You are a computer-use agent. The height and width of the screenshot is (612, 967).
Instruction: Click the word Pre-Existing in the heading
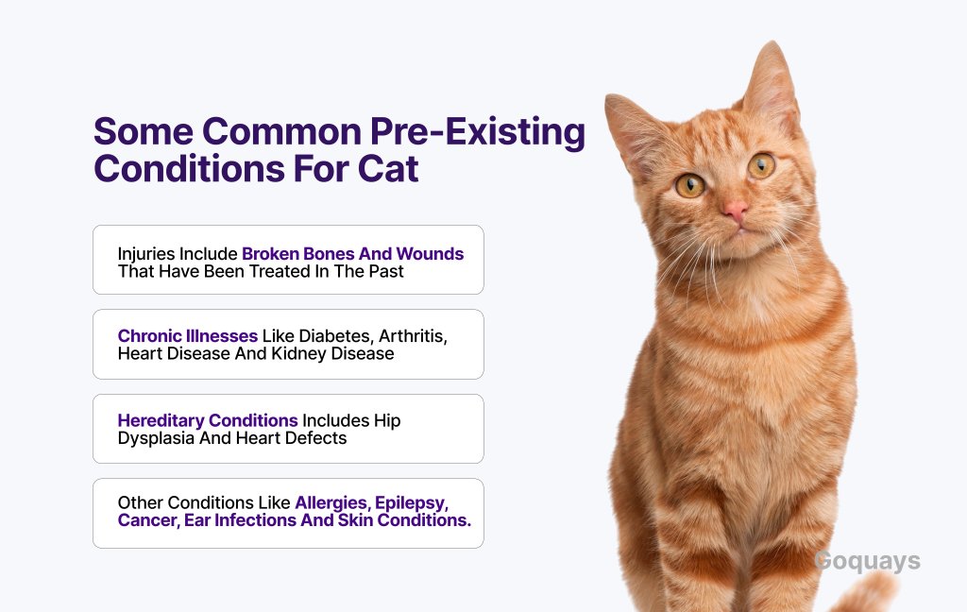click(x=477, y=132)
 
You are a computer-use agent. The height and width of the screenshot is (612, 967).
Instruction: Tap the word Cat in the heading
click(x=388, y=168)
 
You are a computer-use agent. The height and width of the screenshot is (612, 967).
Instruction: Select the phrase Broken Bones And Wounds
click(x=353, y=253)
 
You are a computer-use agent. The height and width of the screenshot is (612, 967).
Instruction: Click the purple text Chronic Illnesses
click(x=188, y=335)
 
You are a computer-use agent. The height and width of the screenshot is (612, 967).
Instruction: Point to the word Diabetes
click(x=334, y=335)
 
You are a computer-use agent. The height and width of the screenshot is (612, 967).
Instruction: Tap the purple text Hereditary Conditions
click(x=208, y=420)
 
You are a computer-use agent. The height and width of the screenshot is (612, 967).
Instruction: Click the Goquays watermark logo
click(x=867, y=561)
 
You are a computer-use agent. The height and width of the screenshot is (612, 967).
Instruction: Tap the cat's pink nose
click(x=735, y=211)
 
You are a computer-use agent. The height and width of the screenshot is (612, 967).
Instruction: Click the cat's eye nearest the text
click(x=689, y=185)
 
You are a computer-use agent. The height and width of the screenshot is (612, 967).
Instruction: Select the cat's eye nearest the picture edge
click(x=762, y=164)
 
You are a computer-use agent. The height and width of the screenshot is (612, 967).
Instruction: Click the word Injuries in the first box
click(x=145, y=254)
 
